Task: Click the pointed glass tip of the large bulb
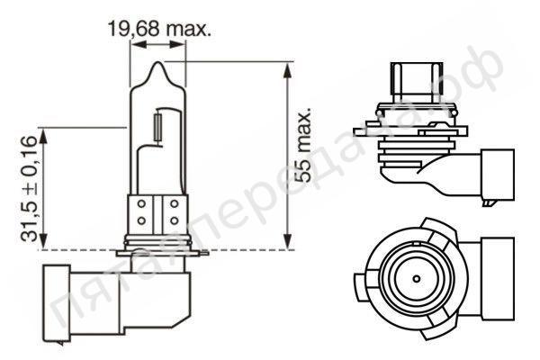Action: pos(158,67)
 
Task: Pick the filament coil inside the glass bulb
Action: pos(158,124)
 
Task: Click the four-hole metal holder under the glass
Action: pos(158,213)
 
